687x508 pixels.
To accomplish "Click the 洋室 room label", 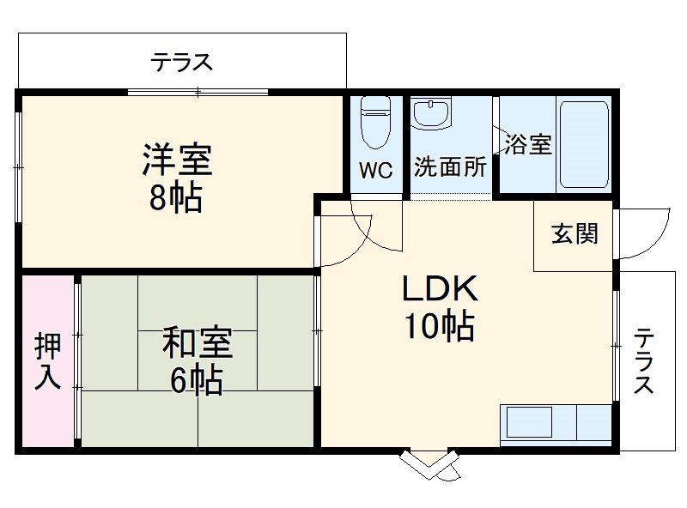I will pyautogui.click(x=177, y=160).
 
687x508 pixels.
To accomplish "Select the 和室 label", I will pyautogui.click(x=198, y=342).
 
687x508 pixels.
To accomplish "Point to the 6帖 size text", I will pyautogui.click(x=197, y=379).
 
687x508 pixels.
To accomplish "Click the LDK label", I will pyautogui.click(x=439, y=289).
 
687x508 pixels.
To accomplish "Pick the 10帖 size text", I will pyautogui.click(x=439, y=326).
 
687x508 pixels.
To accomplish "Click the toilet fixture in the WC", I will pyautogui.click(x=375, y=120).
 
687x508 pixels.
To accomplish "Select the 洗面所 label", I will pyautogui.click(x=450, y=167).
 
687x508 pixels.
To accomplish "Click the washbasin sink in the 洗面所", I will pyautogui.click(x=430, y=113).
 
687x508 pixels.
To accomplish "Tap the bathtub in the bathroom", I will pyautogui.click(x=584, y=143).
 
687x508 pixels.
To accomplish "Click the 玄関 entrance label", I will pyautogui.click(x=575, y=233).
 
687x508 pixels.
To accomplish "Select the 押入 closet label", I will pyautogui.click(x=47, y=360).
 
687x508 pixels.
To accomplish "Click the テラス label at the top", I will pyautogui.click(x=182, y=62).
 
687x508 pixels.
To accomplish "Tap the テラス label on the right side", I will pyautogui.click(x=643, y=361).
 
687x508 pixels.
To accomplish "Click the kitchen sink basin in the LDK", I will pyautogui.click(x=528, y=423).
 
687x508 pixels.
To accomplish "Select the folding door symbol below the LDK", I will pyautogui.click(x=429, y=467).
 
